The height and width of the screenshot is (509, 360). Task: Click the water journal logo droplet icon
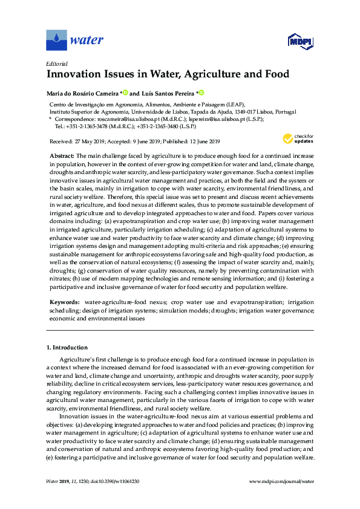tap(56, 41)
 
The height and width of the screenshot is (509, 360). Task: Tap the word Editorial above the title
tap(56, 63)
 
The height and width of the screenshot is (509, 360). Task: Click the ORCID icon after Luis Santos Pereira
tap(201, 92)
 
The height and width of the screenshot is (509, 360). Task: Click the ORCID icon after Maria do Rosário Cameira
tap(126, 92)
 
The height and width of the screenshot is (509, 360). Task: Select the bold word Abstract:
tap(62, 156)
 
